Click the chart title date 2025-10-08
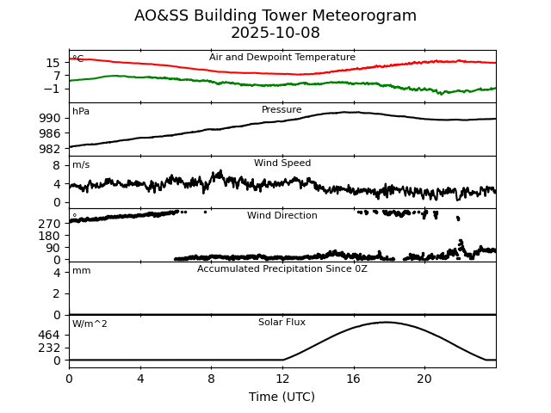coord(275,34)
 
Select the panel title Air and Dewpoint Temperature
coord(282,58)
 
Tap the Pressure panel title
coord(282,110)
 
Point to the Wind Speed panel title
coord(282,163)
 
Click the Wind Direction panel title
coord(282,216)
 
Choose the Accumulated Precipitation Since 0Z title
coord(282,269)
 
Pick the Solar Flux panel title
coord(282,323)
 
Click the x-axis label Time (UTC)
coord(282,397)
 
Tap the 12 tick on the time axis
coord(282,378)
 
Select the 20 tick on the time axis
coord(424,378)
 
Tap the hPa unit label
coord(81,112)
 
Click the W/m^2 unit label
coord(90,324)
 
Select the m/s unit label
coord(81,165)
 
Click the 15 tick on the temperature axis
coord(53,63)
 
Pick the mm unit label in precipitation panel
coord(81,271)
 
